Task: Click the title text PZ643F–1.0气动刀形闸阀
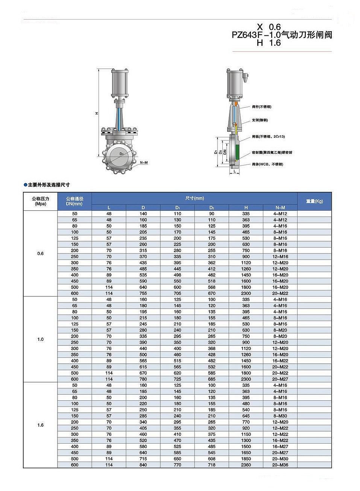282,35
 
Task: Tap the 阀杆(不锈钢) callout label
261,107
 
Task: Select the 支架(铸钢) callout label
260,120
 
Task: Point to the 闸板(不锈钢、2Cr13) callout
268,137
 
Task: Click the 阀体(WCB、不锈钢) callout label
267,164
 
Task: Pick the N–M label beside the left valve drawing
144,163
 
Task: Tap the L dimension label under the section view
235,171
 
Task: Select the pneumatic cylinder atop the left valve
120,83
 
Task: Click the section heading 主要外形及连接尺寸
49,185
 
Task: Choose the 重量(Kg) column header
314,201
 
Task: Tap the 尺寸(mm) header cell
194,198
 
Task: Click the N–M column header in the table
280,208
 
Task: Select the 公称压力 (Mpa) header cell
40,201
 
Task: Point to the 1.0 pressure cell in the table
40,339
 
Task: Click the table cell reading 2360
246,465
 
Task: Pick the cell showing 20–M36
280,465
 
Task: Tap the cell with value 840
143,465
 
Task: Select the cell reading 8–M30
280,416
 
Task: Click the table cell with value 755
143,293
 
